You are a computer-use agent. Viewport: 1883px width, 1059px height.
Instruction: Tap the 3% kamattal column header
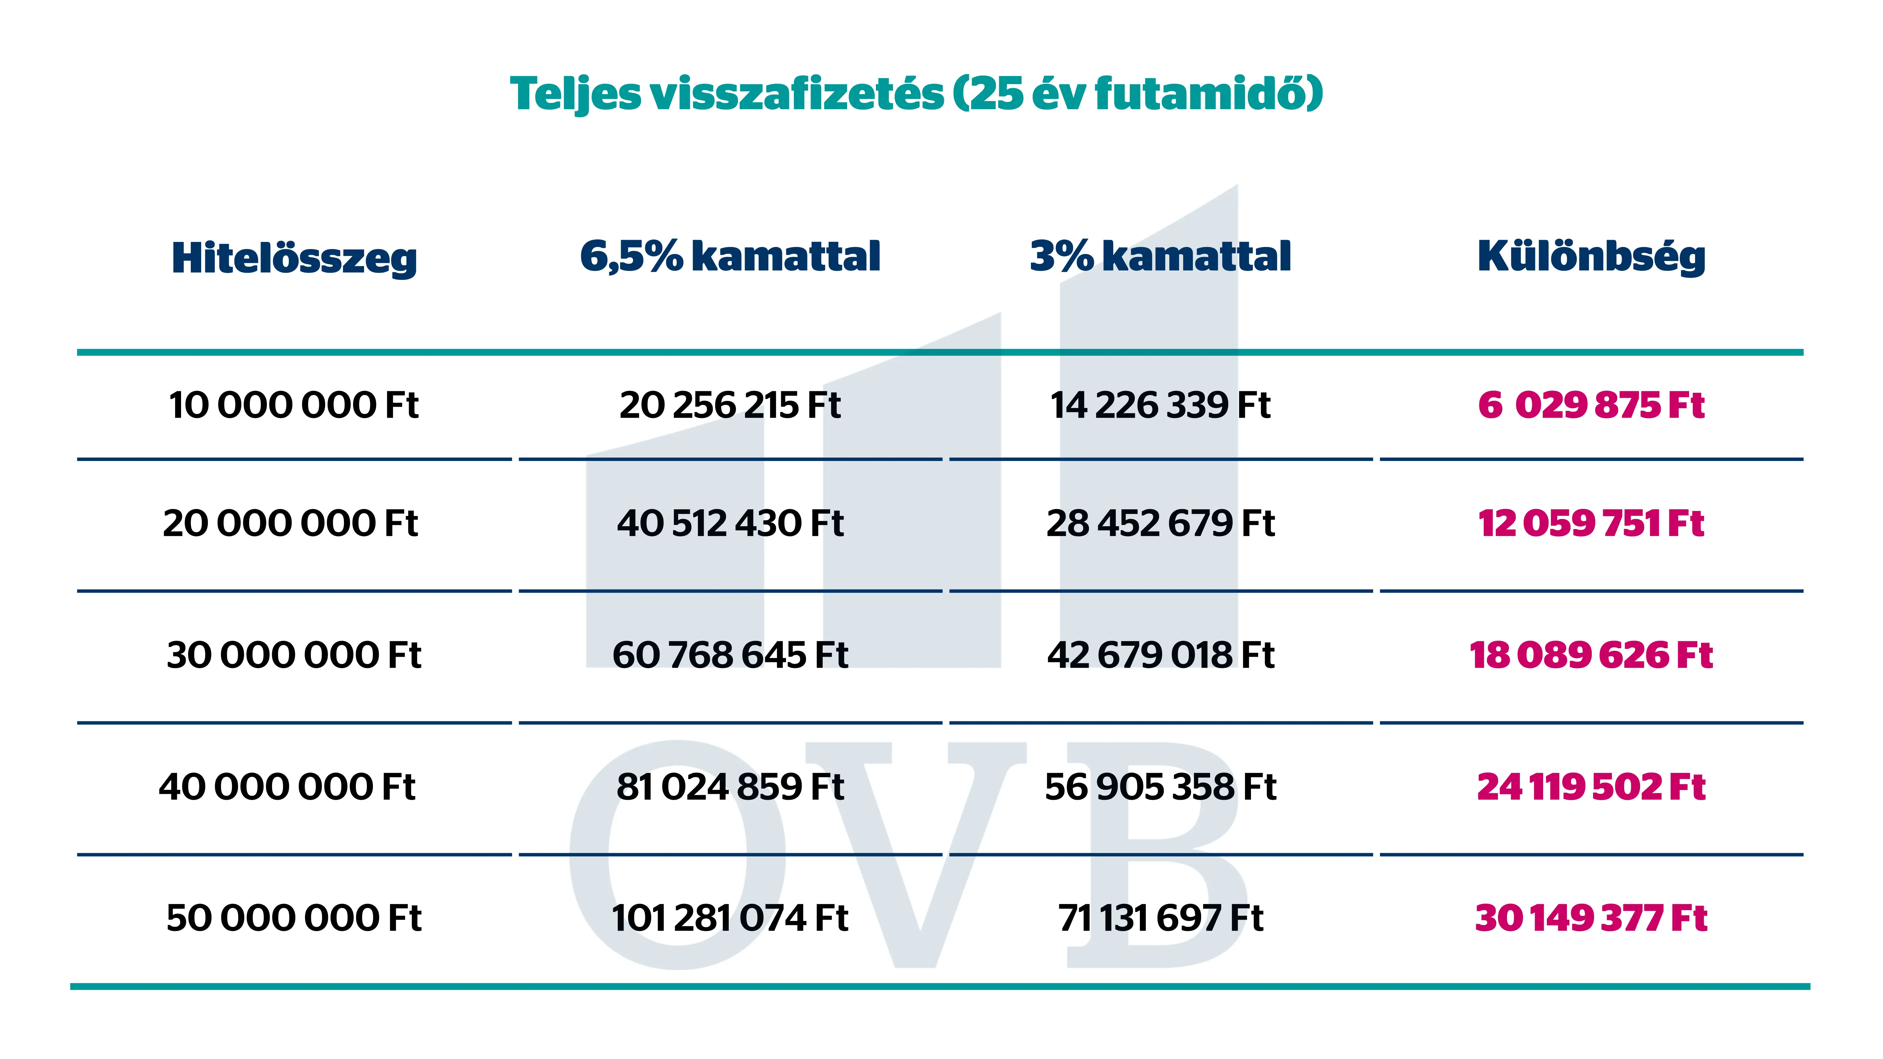point(1160,257)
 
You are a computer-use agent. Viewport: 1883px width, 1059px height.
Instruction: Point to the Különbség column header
point(1591,257)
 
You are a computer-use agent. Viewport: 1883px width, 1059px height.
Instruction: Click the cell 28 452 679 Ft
point(1160,523)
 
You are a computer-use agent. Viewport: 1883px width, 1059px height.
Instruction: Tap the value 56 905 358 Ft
point(1160,787)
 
